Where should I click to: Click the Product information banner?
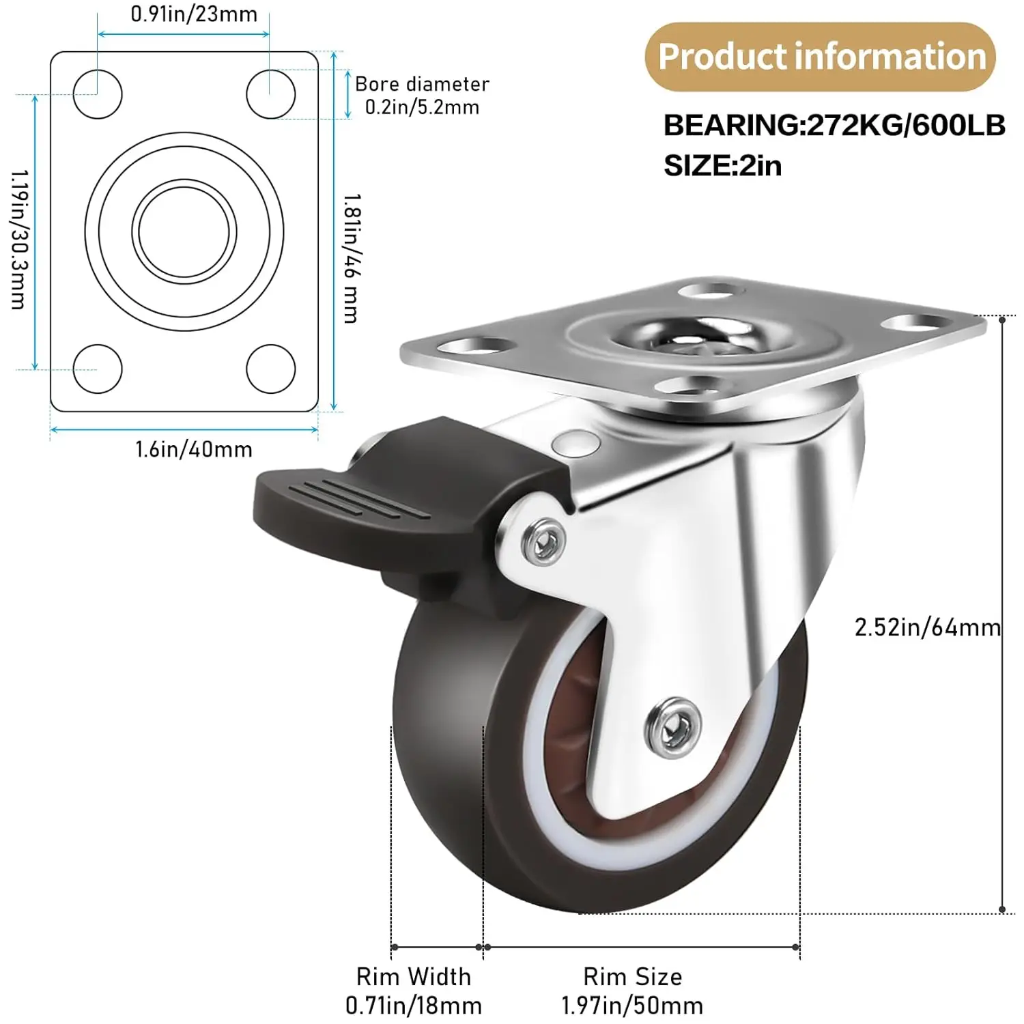(821, 57)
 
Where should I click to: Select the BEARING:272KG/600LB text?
(834, 126)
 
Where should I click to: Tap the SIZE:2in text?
(722, 166)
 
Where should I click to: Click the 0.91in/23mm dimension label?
(194, 14)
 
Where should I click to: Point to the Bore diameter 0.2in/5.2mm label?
(422, 96)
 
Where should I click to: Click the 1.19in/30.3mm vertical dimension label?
(18, 239)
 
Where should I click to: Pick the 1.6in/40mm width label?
(194, 449)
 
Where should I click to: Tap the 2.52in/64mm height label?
(927, 627)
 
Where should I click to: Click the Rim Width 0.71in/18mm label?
(414, 991)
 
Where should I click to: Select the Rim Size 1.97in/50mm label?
(632, 991)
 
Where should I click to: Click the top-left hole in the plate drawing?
(98, 94)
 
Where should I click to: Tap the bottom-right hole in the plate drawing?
(271, 369)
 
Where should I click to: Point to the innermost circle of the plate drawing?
(184, 232)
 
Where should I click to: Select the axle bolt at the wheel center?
(673, 727)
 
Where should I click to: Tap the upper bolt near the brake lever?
(543, 541)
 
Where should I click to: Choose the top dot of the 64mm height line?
(1002, 319)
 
